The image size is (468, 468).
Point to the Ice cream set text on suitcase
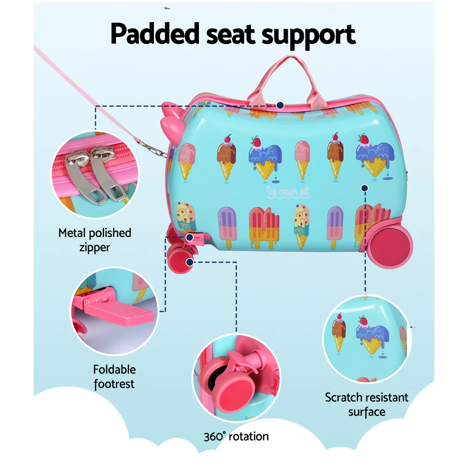pyautogui.click(x=287, y=191)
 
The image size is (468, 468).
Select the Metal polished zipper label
pyautogui.click(x=95, y=240)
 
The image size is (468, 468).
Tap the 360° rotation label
pyautogui.click(x=236, y=437)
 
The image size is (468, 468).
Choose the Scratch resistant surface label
pyautogui.click(x=366, y=405)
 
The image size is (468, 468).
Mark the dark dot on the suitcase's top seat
pyautogui.click(x=280, y=105)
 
